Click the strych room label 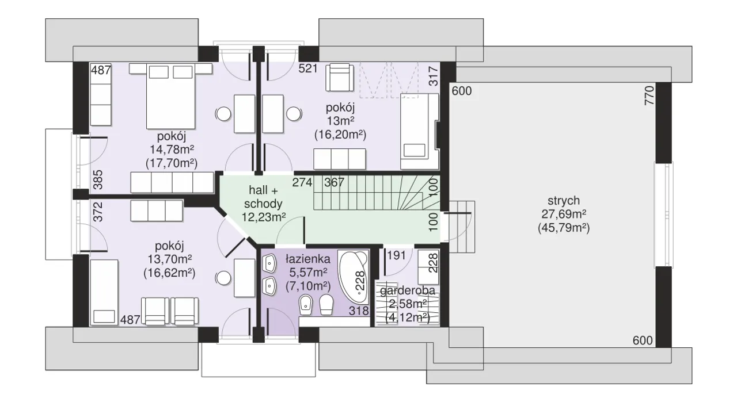pyautogui.click(x=564, y=201)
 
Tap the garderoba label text pyautogui.click(x=407, y=290)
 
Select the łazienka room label pyautogui.click(x=307, y=259)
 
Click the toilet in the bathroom pyautogui.click(x=326, y=305)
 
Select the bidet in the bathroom pyautogui.click(x=306, y=305)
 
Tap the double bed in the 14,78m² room pyautogui.click(x=170, y=96)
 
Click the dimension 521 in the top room pyautogui.click(x=308, y=68)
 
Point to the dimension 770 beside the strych pyautogui.click(x=649, y=95)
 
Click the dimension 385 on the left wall pyautogui.click(x=98, y=179)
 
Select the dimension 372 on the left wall pyautogui.click(x=98, y=212)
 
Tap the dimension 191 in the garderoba pyautogui.click(x=397, y=255)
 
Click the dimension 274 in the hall pyautogui.click(x=302, y=182)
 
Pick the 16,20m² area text pyautogui.click(x=340, y=135)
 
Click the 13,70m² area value pyautogui.click(x=170, y=259)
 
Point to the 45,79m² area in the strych pyautogui.click(x=564, y=228)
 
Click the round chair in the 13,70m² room pyautogui.click(x=223, y=278)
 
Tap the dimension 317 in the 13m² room pyautogui.click(x=434, y=76)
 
